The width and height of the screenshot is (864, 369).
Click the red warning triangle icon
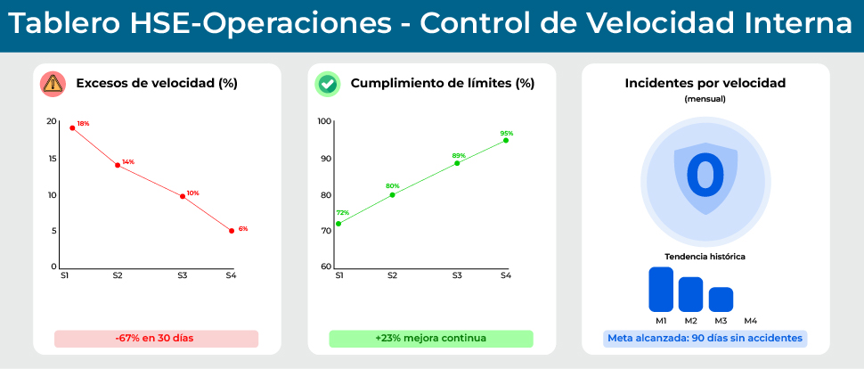click(x=53, y=84)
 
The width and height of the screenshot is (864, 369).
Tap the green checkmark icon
click(x=327, y=84)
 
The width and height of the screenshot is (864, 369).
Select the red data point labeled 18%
click(x=72, y=128)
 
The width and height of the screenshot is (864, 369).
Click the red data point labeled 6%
click(x=232, y=231)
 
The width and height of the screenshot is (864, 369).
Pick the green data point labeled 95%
click(x=506, y=140)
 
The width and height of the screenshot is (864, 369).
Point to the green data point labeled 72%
click(x=338, y=224)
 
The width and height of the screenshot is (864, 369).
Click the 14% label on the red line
click(x=128, y=161)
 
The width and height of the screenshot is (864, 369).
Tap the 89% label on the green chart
click(x=459, y=156)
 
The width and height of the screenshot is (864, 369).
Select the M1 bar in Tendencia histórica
click(x=661, y=289)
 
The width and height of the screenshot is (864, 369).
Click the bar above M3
click(x=721, y=299)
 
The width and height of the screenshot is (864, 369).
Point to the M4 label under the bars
click(x=751, y=321)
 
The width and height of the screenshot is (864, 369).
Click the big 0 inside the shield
click(x=705, y=175)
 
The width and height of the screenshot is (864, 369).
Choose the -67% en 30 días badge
click(x=157, y=339)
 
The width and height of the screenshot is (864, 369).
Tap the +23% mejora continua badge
click(x=431, y=339)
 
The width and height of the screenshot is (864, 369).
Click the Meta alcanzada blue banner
click(x=705, y=339)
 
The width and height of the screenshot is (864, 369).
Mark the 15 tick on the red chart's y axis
click(x=52, y=159)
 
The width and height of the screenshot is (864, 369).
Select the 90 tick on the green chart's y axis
click(x=326, y=159)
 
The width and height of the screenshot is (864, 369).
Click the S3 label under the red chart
click(x=182, y=275)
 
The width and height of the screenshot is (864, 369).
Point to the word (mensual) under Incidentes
click(x=705, y=100)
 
